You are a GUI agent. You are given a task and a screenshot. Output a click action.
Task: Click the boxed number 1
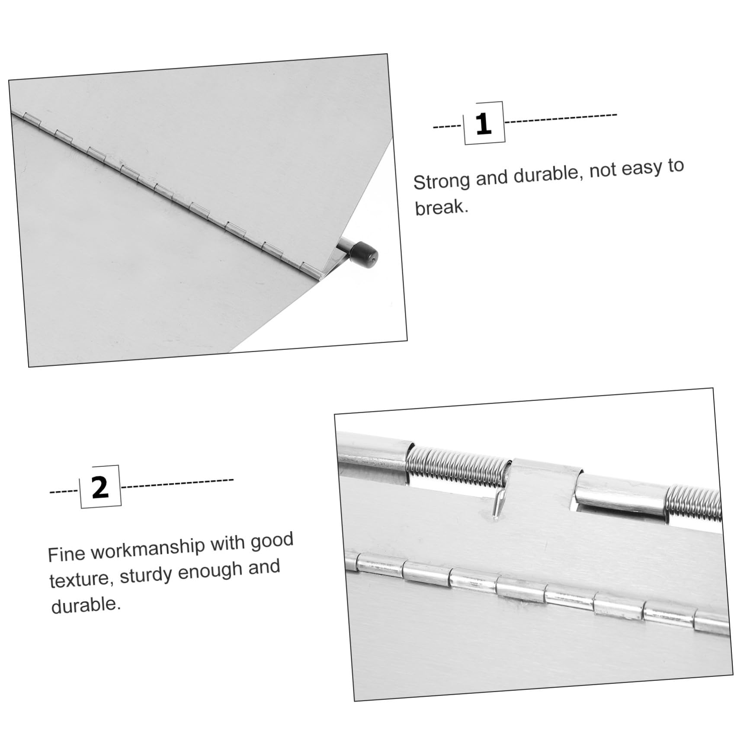click(x=484, y=124)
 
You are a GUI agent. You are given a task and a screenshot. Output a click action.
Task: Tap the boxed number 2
click(x=100, y=487)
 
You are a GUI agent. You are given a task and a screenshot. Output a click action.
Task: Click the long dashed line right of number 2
click(x=177, y=483)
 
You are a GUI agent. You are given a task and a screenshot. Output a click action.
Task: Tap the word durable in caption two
click(x=86, y=605)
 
